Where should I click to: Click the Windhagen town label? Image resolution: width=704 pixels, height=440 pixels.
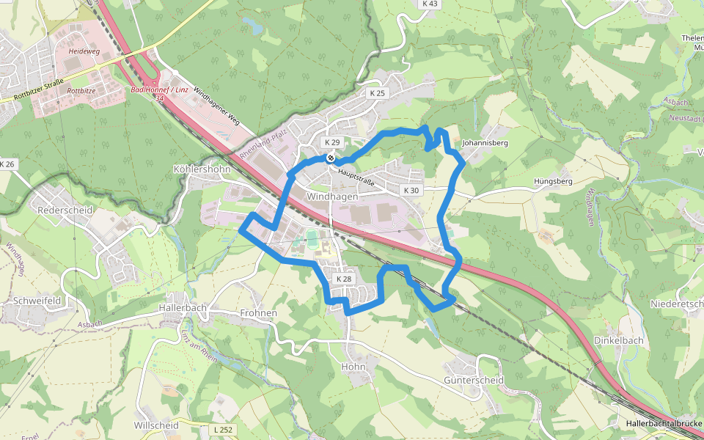pyautogui.click(x=332, y=197)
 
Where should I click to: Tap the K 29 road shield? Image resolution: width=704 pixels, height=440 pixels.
pyautogui.click(x=332, y=142)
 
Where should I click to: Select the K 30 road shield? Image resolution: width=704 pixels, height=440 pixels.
pyautogui.click(x=411, y=191)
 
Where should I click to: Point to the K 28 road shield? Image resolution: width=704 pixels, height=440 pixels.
pyautogui.click(x=344, y=279)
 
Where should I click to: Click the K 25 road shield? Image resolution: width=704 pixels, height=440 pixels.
pyautogui.click(x=377, y=94)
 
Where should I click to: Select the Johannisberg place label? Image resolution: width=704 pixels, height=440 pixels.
pyautogui.click(x=485, y=143)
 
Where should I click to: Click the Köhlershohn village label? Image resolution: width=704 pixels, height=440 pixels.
pyautogui.click(x=202, y=169)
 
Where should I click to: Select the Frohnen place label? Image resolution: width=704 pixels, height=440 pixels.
pyautogui.click(x=258, y=313)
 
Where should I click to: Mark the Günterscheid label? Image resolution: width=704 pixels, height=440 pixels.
pyautogui.click(x=474, y=381)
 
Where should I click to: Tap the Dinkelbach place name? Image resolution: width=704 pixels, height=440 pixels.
pyautogui.click(x=618, y=340)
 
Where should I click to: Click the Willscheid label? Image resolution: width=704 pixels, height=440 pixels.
pyautogui.click(x=156, y=425)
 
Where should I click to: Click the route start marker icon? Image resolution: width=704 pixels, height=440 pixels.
pyautogui.click(x=331, y=157)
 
